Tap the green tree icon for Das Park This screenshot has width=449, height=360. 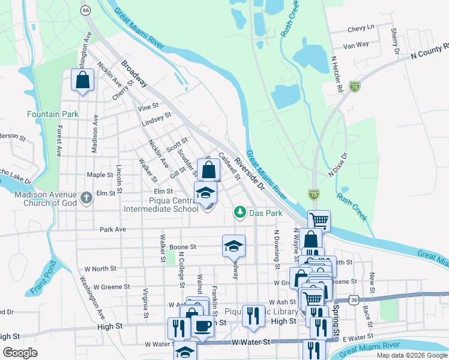click(240, 212)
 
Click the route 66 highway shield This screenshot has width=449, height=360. click(85, 10)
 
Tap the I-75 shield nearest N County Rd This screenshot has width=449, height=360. click(355, 88)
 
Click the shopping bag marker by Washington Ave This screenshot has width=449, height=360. click(83, 80)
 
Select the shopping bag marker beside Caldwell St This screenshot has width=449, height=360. click(208, 170)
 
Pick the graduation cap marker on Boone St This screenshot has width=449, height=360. click(234, 245)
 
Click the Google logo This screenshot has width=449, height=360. click(20, 353)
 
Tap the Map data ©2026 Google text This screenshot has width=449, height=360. click(411, 355)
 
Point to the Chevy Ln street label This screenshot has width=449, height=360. click(361, 28)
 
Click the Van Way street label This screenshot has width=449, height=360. click(355, 44)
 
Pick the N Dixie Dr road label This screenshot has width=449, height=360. click(338, 164)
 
